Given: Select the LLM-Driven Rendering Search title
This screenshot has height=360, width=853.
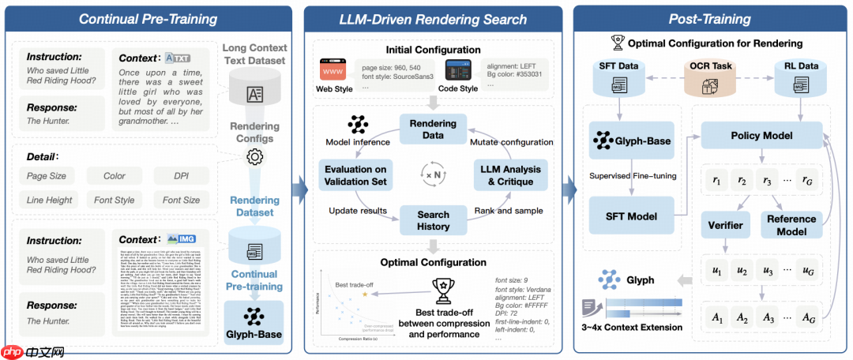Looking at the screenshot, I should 432,18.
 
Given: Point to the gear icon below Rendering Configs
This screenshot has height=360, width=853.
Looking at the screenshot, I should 254,156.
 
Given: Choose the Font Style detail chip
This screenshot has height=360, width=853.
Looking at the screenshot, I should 114,200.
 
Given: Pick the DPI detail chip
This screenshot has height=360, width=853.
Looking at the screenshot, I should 181,176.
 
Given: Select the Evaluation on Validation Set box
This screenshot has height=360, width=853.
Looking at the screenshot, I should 355,175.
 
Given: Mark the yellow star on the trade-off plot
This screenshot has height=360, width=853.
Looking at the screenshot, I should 364,294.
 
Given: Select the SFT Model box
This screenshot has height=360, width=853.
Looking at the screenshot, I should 630,216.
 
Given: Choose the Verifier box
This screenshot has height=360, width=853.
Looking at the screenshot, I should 724,225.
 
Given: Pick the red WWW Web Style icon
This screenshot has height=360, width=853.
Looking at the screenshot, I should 333,70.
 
